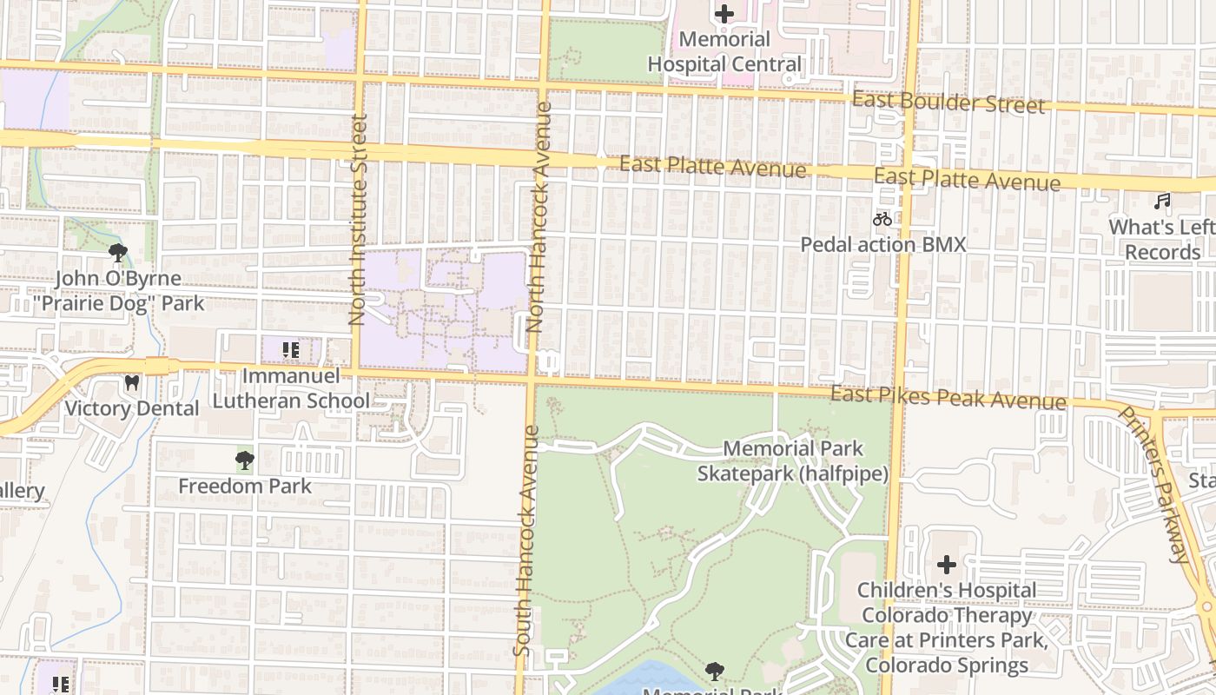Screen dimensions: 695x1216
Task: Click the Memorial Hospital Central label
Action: tap(724, 52)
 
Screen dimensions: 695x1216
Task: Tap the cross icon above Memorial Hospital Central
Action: tap(724, 14)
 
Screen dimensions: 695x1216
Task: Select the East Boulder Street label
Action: tap(948, 102)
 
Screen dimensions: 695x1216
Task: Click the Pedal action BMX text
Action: tap(882, 244)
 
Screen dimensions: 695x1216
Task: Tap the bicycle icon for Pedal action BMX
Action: tap(882, 219)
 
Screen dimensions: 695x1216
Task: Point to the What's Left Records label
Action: tap(1162, 240)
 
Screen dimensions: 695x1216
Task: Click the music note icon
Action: tap(1162, 202)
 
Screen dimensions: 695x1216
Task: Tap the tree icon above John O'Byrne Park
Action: tap(118, 253)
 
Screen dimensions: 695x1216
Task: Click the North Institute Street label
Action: tap(358, 220)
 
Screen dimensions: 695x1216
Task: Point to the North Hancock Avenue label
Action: tap(539, 217)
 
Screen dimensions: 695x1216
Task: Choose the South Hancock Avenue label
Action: tap(527, 540)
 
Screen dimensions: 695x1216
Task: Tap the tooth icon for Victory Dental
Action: tap(132, 382)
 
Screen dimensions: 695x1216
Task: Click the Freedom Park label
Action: tap(245, 486)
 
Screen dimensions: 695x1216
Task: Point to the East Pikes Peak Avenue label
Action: tap(948, 398)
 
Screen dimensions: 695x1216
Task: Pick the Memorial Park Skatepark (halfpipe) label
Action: tap(793, 461)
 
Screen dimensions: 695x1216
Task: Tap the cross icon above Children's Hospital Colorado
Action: tap(947, 565)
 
